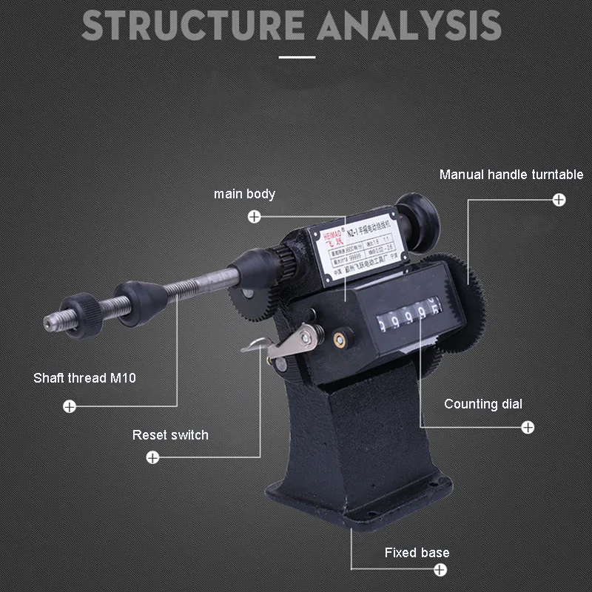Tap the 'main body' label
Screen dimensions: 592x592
244,194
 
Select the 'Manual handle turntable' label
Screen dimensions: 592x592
511,175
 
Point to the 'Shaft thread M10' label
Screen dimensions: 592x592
84,378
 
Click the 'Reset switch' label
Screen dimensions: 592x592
170,435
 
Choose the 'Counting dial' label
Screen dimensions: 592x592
483,404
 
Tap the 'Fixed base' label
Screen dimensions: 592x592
417,553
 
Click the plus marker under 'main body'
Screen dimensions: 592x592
255,217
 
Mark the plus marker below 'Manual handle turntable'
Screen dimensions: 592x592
559,199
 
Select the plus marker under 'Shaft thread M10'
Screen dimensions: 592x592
69,406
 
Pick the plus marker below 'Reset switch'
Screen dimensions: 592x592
152,457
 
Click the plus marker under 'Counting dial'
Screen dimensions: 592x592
528,427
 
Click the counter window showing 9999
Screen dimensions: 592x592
407,319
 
